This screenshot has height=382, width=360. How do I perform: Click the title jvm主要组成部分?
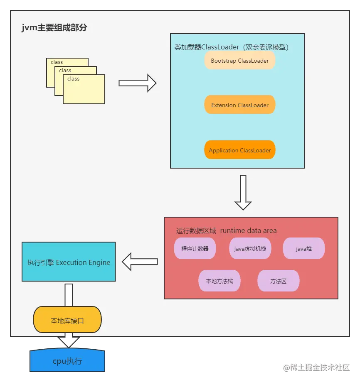(54, 28)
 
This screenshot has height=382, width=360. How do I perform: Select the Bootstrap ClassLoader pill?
(240, 61)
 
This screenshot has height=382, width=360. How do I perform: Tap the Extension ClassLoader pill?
(240, 105)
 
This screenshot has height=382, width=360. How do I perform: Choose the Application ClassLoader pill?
(240, 150)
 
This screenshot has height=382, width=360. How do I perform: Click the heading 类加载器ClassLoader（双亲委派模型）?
(232, 47)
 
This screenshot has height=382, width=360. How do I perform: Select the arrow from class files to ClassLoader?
(137, 83)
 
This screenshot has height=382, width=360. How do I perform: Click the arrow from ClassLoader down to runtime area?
(243, 192)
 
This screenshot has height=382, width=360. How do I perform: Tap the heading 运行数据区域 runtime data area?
(226, 230)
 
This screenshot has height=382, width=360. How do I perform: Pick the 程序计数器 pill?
(195, 249)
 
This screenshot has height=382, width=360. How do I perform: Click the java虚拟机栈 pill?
(250, 249)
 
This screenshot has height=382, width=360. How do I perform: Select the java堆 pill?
(303, 249)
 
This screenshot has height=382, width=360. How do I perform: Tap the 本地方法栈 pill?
(219, 281)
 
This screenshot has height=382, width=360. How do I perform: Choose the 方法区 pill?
(279, 281)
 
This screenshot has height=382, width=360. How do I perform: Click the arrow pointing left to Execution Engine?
(140, 262)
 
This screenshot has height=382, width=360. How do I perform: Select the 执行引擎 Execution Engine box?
(69, 262)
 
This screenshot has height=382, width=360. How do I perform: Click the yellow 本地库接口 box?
(67, 320)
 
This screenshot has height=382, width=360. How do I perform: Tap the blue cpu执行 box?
(67, 361)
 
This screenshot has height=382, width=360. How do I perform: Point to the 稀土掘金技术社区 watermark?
(316, 367)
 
